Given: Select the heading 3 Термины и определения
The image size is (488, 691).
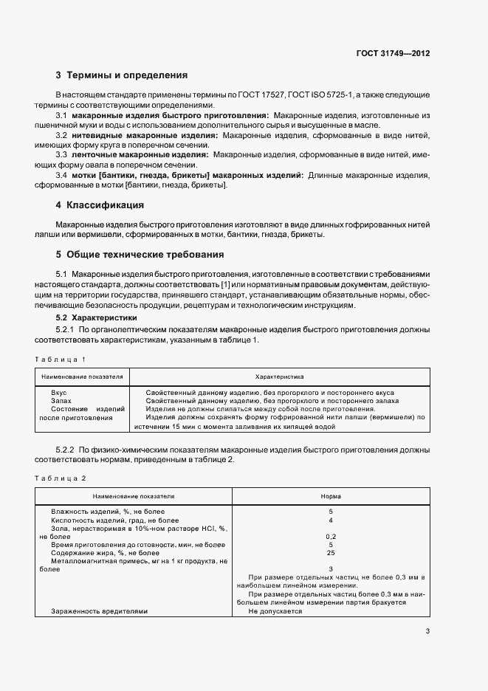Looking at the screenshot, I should (122, 75).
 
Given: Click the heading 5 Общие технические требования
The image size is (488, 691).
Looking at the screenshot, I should (140, 255).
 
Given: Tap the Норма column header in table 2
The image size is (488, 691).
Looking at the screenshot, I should (330, 497).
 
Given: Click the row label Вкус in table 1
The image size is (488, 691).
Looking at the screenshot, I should (59, 392).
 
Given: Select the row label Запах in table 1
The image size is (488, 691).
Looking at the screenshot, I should (61, 400).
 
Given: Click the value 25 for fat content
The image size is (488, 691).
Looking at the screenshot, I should (330, 552).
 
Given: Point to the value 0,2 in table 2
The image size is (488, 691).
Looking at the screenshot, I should (330, 536).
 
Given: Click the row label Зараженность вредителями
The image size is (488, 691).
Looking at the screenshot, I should (99, 611).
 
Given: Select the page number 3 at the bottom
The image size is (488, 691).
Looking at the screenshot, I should (428, 630).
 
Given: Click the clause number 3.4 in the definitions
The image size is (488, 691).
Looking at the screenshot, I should (62, 175).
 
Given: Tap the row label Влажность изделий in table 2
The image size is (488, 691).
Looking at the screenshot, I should (108, 512).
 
